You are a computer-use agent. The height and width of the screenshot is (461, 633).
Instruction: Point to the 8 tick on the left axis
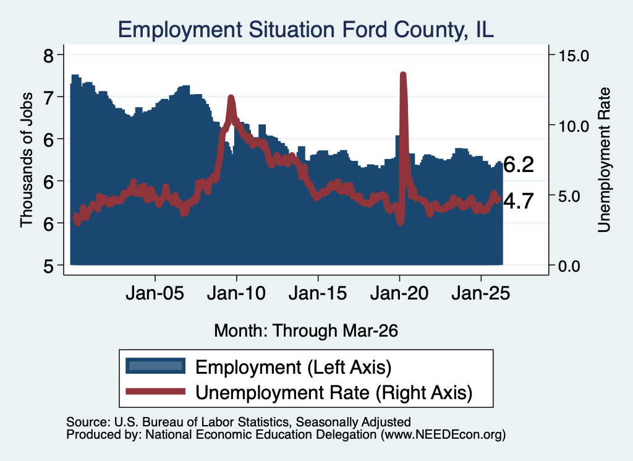(48, 55)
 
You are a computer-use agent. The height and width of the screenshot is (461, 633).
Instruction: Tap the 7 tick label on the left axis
(48, 97)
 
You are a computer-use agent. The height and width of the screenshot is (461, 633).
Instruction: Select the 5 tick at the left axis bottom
(48, 265)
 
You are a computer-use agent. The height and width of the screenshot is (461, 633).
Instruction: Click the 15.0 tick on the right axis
(574, 56)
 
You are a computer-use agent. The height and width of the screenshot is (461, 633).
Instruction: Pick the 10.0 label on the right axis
(574, 126)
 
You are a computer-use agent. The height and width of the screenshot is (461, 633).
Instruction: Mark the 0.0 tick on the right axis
(569, 266)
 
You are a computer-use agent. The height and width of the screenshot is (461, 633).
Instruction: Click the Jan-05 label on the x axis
(155, 293)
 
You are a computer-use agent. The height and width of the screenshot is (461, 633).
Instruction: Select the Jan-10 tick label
(237, 293)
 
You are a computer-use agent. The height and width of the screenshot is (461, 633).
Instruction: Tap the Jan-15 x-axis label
(318, 293)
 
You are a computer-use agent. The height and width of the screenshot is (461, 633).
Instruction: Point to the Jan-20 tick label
(399, 293)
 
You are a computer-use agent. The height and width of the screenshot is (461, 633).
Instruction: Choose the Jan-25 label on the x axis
(481, 293)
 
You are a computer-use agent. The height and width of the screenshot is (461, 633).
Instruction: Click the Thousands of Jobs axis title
(26, 160)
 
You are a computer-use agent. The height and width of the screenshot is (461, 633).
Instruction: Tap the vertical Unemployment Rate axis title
(603, 160)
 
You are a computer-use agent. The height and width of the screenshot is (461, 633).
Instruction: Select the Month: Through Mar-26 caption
(306, 330)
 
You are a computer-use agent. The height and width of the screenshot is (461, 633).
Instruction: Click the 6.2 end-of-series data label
(519, 165)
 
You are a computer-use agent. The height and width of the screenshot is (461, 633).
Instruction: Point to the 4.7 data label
(519, 201)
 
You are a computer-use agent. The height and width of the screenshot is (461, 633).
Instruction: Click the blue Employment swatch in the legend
(155, 366)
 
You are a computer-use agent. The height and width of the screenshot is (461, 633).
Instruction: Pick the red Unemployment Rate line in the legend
(155, 392)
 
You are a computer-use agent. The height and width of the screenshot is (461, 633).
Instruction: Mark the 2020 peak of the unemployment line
(402, 74)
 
